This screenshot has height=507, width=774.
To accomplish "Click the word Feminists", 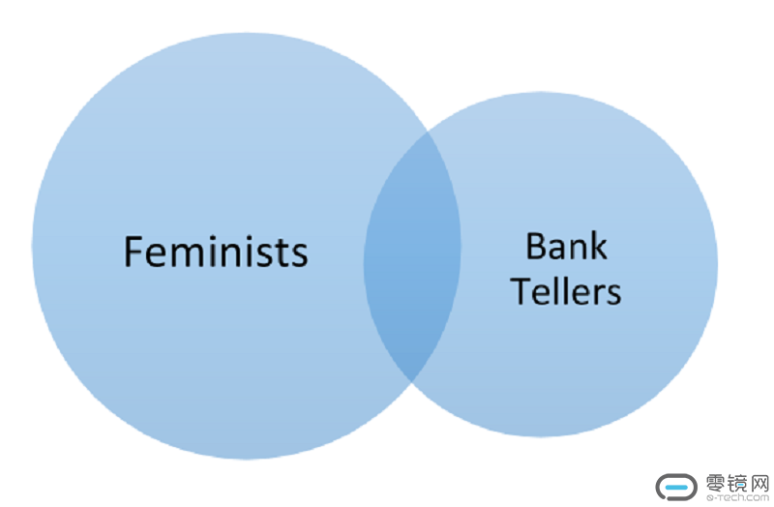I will (216, 252).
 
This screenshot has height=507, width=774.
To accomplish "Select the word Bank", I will (566, 247).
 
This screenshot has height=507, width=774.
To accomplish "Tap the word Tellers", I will (566, 290).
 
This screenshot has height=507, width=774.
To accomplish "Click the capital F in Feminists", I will (134, 252).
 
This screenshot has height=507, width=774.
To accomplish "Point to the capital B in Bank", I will (535, 247).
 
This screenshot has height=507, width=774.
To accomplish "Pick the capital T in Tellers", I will (521, 290).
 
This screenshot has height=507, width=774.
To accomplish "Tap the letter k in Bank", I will (598, 247).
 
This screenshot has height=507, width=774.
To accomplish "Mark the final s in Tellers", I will (613, 293).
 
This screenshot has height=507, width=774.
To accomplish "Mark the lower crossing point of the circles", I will (411, 380).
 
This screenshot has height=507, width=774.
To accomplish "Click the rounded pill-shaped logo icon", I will (676, 487).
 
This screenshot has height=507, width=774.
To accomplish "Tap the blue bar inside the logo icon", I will (676, 487).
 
